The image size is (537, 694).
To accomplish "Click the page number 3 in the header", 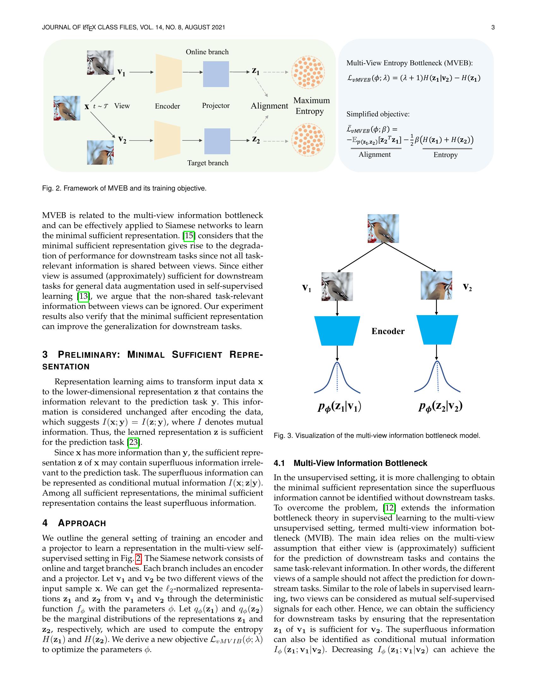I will tap(493, 27).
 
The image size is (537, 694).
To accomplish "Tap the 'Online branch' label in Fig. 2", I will tap(207, 52).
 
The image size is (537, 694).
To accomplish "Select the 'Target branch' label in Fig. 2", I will tap(208, 163).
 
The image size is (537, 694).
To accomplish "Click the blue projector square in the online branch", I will tap(216, 74).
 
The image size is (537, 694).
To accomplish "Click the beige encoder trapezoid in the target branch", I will tap(167, 140).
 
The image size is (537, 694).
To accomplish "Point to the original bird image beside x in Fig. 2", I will tap(67, 108).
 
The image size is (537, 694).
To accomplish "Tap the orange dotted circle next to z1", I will tap(308, 72).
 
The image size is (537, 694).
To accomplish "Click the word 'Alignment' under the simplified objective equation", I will tap(374, 155).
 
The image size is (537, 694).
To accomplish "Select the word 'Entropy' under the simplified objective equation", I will tap(445, 155).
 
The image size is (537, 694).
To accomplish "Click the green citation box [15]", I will tap(189, 235).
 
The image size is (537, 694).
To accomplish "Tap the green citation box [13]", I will tap(83, 296).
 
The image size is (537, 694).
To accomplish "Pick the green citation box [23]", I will tap(133, 442).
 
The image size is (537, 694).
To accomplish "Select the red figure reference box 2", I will tap(138, 558).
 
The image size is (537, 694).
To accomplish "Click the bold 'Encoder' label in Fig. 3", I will tap(388, 331).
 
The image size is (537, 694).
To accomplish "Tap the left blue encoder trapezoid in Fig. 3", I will tap(337, 331).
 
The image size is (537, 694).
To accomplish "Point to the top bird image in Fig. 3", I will tap(383, 228).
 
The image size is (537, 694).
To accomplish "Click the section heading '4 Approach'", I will tap(74, 523).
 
